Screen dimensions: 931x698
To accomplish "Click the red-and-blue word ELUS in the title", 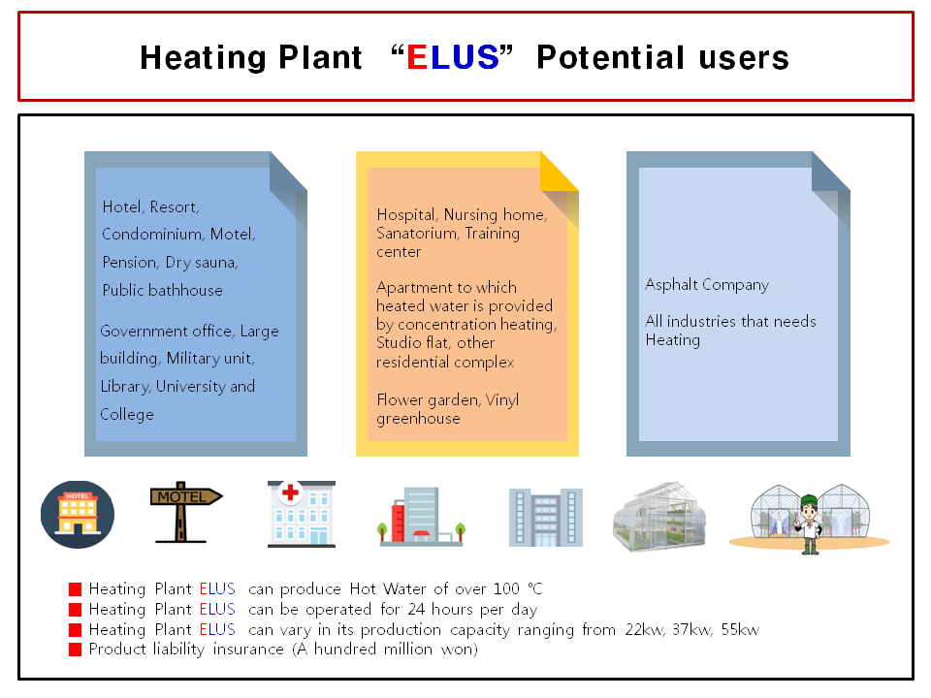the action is point(453,57).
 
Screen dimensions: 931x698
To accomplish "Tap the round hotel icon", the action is point(78,514).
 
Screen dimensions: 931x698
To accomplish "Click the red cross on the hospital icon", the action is point(290,492).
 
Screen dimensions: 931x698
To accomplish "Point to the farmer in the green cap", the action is point(809,524).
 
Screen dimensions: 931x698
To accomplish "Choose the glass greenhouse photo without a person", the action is point(659,517).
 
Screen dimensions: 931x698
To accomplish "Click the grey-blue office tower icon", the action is point(546,518).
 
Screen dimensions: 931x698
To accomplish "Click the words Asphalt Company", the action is point(707,285).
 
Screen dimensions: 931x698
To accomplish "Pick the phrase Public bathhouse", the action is point(162,290).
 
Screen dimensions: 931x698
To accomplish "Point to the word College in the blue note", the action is point(126,414).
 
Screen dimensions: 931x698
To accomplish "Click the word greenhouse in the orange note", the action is point(418,419).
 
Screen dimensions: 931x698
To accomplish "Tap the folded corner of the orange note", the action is point(560,172).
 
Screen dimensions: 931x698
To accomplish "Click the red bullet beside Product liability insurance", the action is point(75,650).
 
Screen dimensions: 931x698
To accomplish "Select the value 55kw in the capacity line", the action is point(740,630).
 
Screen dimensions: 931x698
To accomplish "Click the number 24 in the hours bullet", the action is point(416,610).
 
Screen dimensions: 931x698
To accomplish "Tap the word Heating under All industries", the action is point(673,340).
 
